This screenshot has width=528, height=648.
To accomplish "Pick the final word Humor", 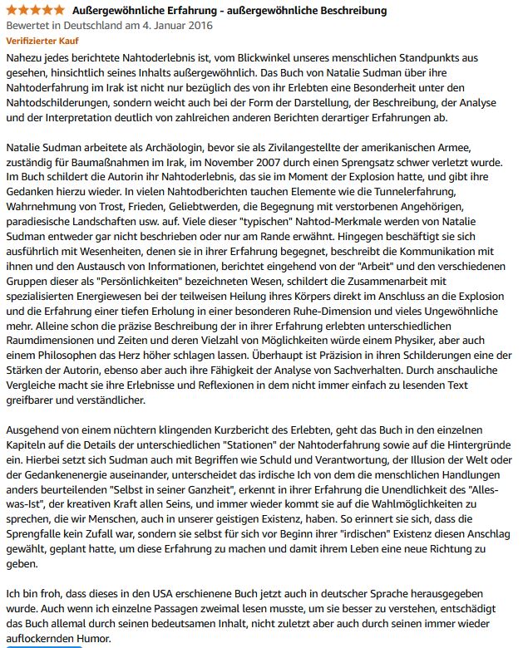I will click(x=91, y=641).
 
